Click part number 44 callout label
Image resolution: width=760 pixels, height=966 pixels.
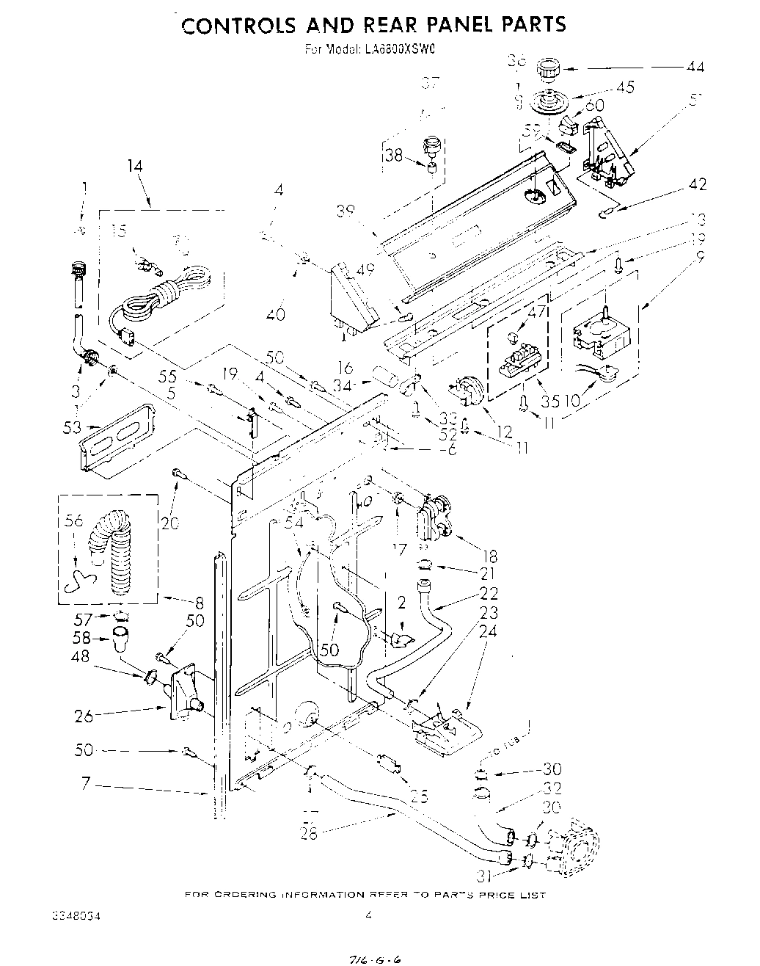[x=694, y=67]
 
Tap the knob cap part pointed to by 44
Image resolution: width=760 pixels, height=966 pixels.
[x=548, y=70]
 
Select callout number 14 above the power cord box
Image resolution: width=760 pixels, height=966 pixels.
[x=134, y=167]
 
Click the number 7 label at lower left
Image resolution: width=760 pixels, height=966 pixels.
[x=86, y=784]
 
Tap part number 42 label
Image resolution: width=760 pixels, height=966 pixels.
[x=696, y=184]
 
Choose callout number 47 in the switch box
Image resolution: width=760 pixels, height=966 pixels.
[x=537, y=312]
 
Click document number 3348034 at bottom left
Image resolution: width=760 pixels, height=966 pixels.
[x=76, y=915]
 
